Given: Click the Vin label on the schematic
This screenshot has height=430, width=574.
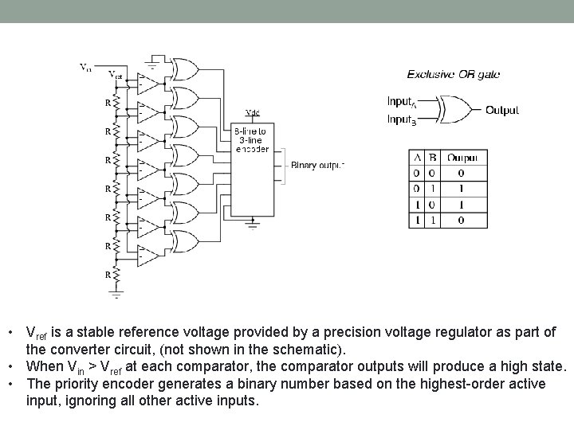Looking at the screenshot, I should (86, 67).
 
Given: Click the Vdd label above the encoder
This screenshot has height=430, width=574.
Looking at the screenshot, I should (252, 113).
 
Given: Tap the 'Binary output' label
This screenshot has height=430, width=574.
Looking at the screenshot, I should (317, 166).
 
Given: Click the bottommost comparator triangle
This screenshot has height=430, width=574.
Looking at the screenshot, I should (147, 256).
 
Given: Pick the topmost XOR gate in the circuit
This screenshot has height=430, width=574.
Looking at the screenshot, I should (186, 69).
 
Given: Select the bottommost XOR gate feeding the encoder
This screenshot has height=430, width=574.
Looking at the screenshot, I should (186, 241).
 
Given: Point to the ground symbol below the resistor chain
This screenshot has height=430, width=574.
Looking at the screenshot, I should (116, 294).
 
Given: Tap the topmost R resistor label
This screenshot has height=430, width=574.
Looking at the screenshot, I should (107, 102).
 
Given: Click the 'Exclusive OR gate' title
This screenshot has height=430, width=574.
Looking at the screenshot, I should (454, 74).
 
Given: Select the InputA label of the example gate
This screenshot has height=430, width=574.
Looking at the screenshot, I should (400, 102).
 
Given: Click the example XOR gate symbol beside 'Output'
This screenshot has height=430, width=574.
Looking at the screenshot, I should (456, 110).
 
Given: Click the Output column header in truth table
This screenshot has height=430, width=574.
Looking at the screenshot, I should (462, 158).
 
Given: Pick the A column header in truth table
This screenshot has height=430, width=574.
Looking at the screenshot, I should (416, 158).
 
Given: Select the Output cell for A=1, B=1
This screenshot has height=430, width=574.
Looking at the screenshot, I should (462, 219).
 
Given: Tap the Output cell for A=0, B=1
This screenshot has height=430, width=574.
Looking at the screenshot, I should (462, 189).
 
